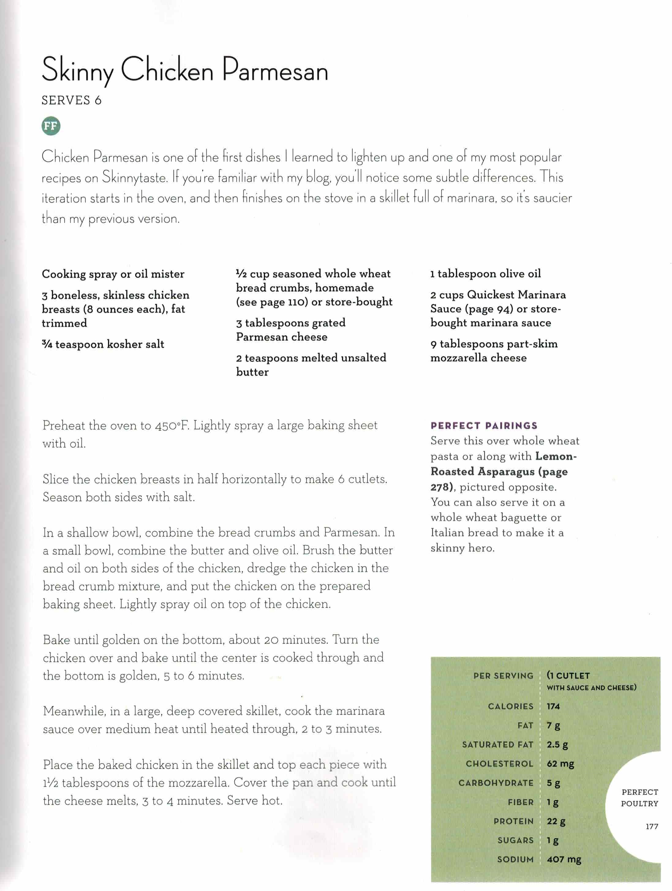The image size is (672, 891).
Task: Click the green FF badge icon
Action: pos(51,126)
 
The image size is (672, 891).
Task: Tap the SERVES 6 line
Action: pos(71,100)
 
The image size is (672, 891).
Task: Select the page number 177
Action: pos(651,827)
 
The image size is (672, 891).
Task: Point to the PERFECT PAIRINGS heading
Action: pos(483,426)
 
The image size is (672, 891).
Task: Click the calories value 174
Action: pos(553,706)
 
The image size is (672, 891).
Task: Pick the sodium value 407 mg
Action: pos(564,859)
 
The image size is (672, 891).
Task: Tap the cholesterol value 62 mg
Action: pos(560,764)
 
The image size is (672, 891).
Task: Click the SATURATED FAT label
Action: pos(497,744)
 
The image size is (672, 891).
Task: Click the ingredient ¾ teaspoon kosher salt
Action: pos(103,344)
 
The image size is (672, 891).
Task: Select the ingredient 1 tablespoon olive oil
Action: pos(485,274)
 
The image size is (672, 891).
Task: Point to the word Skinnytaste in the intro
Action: pos(134,178)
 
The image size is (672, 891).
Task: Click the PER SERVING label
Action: pos(503,675)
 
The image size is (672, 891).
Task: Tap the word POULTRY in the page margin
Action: pos(639,804)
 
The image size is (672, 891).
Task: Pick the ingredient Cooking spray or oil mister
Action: pos(113,274)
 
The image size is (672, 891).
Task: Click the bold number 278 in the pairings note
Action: pos(440,487)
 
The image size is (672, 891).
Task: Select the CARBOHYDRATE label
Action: pos(496,783)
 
